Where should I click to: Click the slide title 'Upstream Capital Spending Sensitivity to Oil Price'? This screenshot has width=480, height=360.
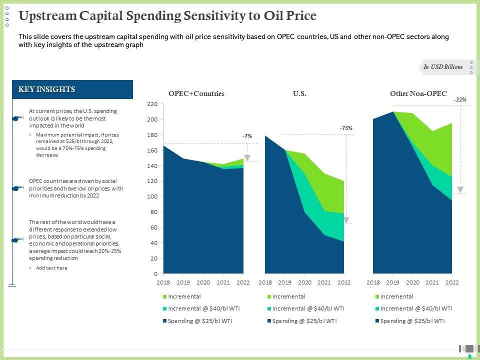pyautogui.click(x=167, y=16)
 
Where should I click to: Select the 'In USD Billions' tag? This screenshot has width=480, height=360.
pyautogui.click(x=443, y=67)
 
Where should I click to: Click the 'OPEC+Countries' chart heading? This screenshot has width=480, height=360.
pyautogui.click(x=196, y=93)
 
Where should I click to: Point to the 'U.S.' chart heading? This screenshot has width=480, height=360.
pyautogui.click(x=299, y=93)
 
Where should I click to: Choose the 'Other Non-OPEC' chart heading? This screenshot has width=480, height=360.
pyautogui.click(x=418, y=93)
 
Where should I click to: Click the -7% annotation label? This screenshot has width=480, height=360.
pyautogui.click(x=247, y=136)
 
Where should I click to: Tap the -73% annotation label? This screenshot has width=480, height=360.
pyautogui.click(x=346, y=128)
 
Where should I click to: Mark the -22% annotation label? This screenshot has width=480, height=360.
pyautogui.click(x=460, y=100)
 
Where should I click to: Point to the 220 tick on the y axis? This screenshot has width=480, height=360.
pyautogui.click(x=152, y=104)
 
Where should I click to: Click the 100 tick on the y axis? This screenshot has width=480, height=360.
pyautogui.click(x=152, y=197)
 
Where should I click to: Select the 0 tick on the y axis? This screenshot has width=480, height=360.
pyautogui.click(x=155, y=274)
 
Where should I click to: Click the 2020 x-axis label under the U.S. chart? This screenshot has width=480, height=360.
pyautogui.click(x=304, y=282)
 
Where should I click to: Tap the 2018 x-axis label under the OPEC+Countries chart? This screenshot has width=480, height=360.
pyautogui.click(x=163, y=282)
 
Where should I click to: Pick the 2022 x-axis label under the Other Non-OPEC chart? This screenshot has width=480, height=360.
pyautogui.click(x=452, y=282)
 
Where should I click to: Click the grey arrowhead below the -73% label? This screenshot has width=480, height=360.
pyautogui.click(x=346, y=220)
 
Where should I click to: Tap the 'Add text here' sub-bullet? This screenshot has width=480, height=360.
pyautogui.click(x=51, y=268)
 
